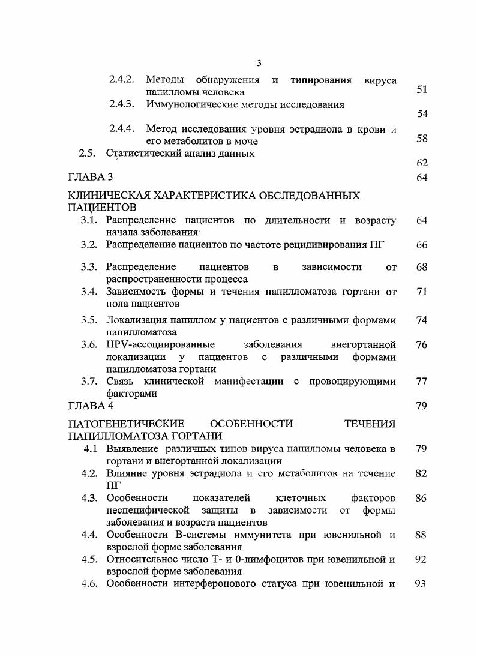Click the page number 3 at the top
click(259, 64)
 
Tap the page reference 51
click(421, 89)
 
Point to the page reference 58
click(421, 139)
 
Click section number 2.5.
click(88, 153)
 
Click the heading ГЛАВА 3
click(90, 178)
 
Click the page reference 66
click(421, 245)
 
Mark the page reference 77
click(421, 381)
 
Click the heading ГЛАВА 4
click(90, 406)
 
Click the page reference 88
click(421, 535)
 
